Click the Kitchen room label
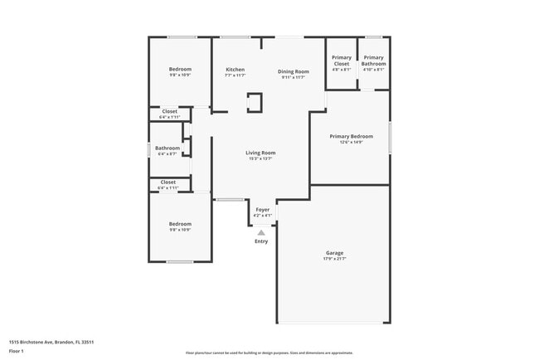pyautogui.click(x=236, y=69)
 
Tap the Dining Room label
pyautogui.click(x=294, y=71)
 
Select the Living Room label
pyautogui.click(x=260, y=153)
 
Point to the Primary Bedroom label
pyautogui.click(x=351, y=136)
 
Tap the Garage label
pyautogui.click(x=334, y=253)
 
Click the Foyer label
pyautogui.click(x=262, y=210)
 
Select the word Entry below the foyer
pyautogui.click(x=261, y=241)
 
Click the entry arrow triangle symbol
pyautogui.click(x=261, y=233)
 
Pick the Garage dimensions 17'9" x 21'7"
pyautogui.click(x=334, y=260)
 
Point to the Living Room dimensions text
pyautogui.click(x=260, y=158)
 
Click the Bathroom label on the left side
pyautogui.click(x=168, y=148)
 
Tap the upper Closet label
pyautogui.click(x=169, y=111)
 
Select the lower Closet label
pyautogui.click(x=168, y=182)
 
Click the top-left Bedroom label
pyautogui.click(x=180, y=69)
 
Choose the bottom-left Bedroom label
pyautogui.click(x=180, y=223)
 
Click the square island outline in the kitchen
pyautogui.click(x=255, y=103)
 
